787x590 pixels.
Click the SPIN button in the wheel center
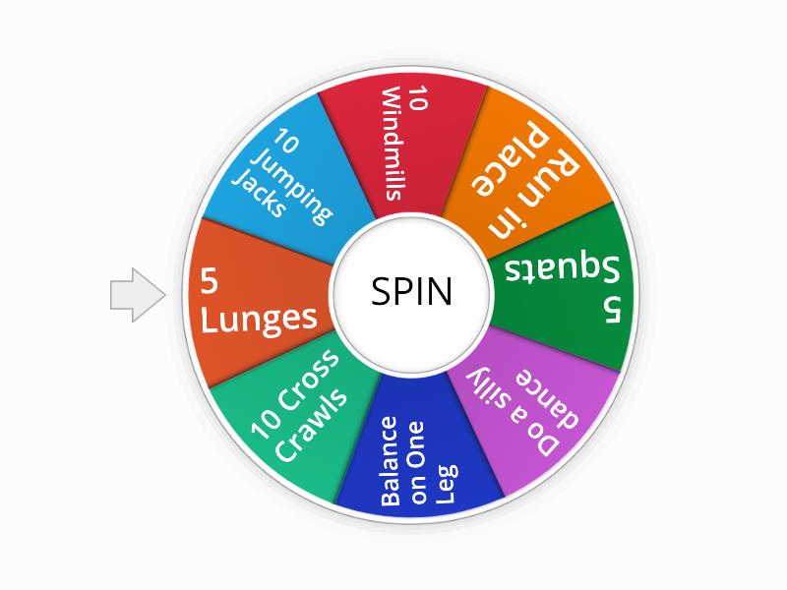[x=412, y=292]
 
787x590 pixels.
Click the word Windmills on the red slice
[x=392, y=145]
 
